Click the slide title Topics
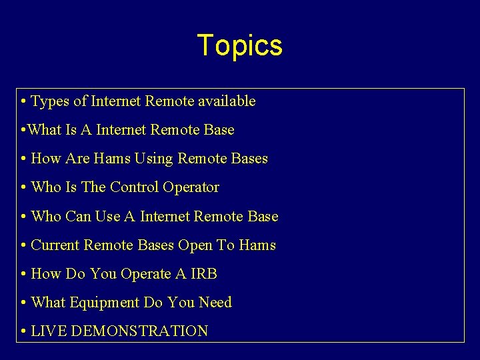point(240,46)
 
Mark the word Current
point(55,245)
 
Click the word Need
point(215,302)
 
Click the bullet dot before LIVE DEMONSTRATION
point(23,331)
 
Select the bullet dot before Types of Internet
point(23,102)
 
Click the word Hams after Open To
point(257,245)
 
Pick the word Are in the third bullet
point(77,159)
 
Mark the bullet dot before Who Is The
point(23,188)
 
